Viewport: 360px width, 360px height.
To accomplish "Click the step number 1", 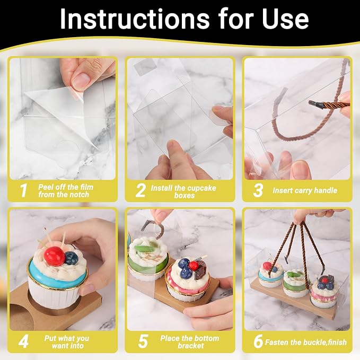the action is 24,190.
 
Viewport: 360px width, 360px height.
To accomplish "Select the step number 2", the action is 141,190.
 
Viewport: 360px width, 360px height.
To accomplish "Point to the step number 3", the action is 258,190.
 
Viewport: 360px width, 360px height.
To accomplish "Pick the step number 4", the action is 23,341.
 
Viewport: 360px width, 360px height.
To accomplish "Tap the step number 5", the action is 143,341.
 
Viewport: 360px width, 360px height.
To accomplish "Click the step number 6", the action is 258,341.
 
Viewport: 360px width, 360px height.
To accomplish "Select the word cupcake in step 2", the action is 198,188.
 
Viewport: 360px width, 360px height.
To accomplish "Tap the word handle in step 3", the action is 326,190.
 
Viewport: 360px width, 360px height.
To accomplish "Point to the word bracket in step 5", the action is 191,346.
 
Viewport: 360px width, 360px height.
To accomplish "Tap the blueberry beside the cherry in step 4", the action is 71,258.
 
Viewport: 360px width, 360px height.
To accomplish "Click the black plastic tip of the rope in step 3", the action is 316,104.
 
